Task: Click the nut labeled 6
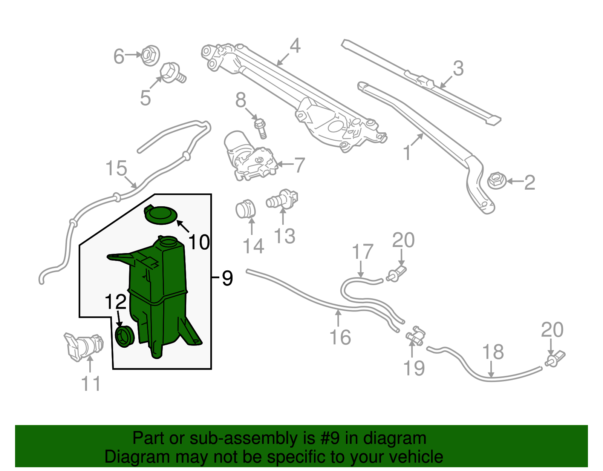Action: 150,55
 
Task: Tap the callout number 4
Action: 295,46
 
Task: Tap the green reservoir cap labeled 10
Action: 161,215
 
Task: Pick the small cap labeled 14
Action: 245,209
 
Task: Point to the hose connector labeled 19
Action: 415,336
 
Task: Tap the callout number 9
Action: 227,278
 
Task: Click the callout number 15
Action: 116,168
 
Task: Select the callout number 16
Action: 340,337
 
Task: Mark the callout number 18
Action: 493,352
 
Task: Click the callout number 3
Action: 458,68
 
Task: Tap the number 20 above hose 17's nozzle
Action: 404,240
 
